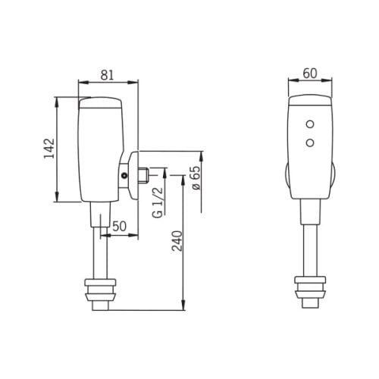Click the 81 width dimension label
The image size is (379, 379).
point(108,75)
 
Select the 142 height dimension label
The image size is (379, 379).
point(49,149)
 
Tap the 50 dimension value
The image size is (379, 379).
point(119,226)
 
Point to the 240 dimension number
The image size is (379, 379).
point(177,241)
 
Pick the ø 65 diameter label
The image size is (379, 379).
point(196,177)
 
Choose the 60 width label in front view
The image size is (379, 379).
point(310,74)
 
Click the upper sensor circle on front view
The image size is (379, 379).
point(310,124)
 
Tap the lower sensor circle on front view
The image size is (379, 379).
point(310,143)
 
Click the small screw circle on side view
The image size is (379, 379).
point(124,176)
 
